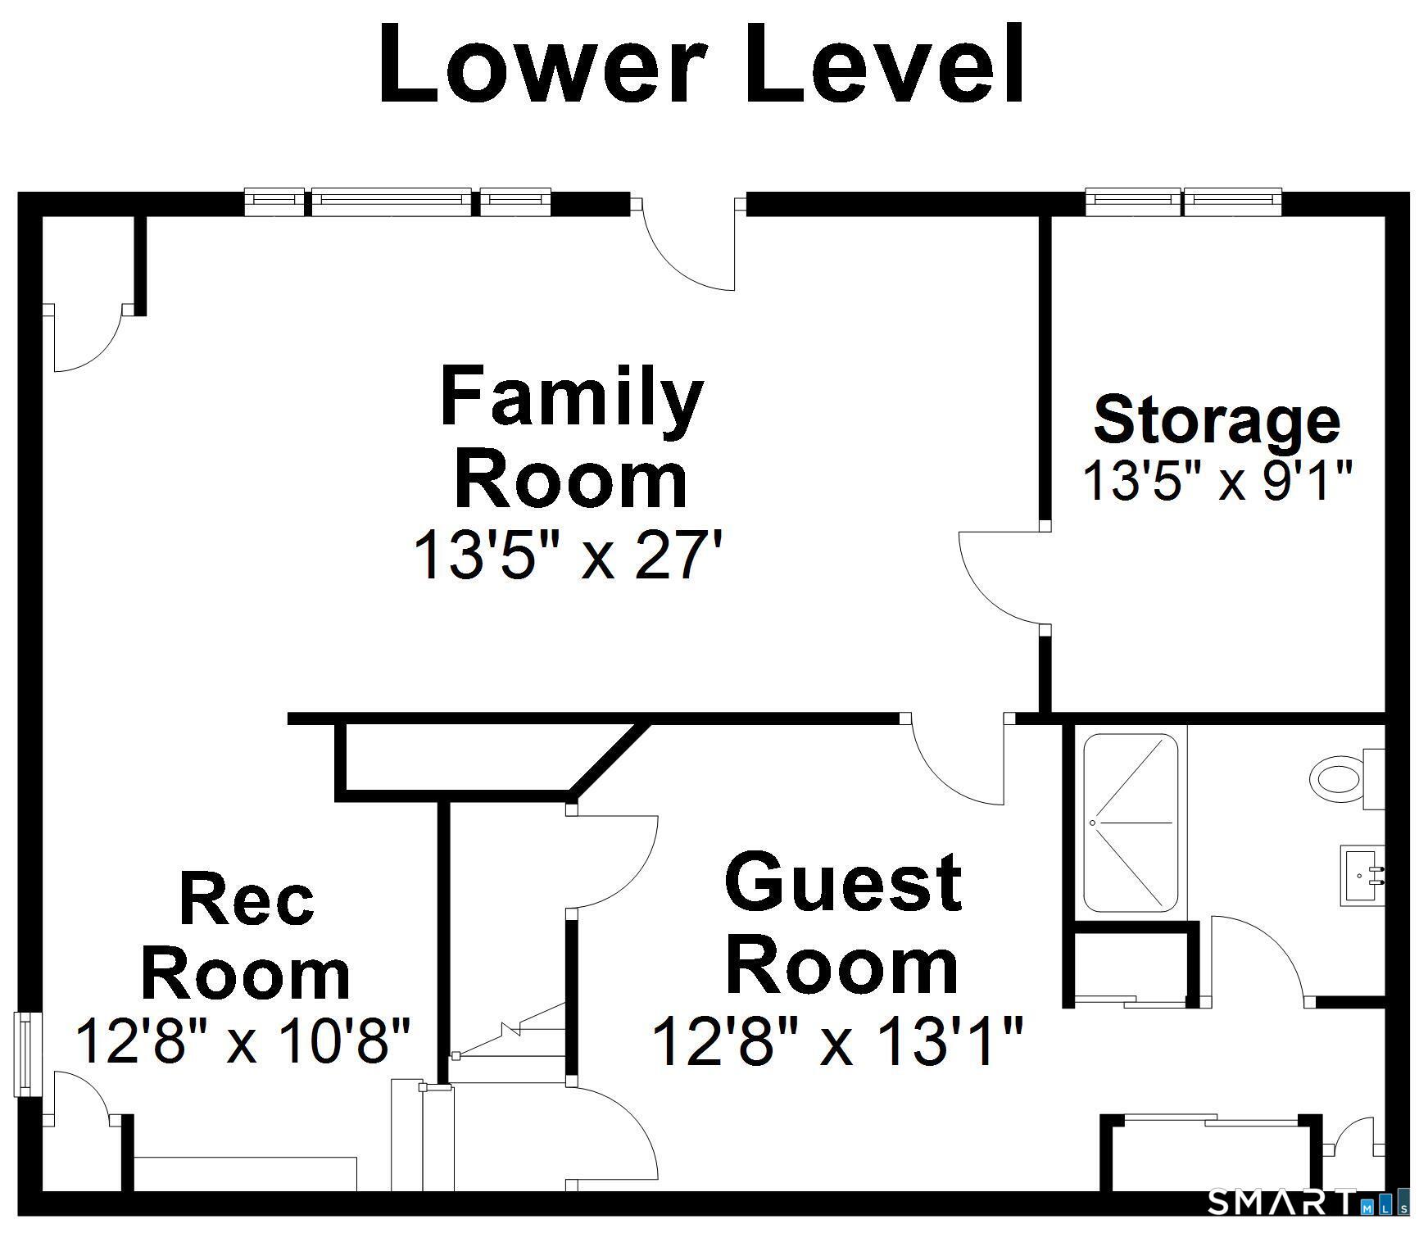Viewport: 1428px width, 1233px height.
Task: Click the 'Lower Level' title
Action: (x=701, y=64)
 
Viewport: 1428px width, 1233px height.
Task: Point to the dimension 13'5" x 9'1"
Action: (x=1216, y=480)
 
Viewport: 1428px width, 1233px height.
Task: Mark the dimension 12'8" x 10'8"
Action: (x=243, y=1040)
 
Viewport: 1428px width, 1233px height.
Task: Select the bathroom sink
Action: (x=1362, y=875)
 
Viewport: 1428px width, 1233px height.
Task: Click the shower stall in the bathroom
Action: (x=1131, y=823)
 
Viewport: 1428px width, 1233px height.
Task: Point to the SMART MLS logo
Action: (x=1308, y=1203)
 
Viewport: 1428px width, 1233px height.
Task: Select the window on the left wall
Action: (x=29, y=1053)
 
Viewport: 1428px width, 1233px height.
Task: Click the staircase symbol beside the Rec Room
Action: (x=508, y=1032)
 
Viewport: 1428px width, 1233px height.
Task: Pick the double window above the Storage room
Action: (x=1183, y=202)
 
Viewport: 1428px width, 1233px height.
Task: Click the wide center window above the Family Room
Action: (x=392, y=202)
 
